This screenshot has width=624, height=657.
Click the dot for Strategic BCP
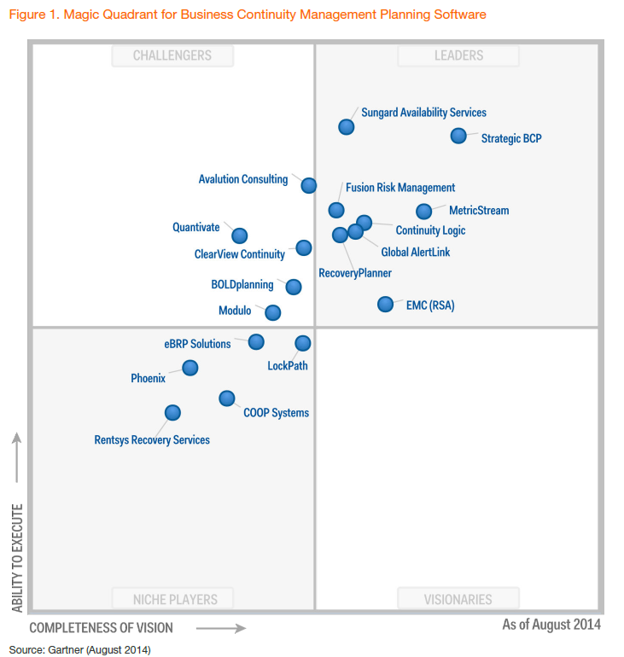(458, 136)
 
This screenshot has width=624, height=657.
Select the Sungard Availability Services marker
(346, 126)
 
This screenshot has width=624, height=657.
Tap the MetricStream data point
(423, 212)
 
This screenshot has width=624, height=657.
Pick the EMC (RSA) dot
(385, 304)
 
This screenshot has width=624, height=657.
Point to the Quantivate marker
(239, 235)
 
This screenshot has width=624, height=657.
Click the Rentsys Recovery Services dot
(172, 413)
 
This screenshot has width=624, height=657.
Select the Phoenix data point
(190, 368)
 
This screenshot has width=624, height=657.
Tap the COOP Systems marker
(226, 398)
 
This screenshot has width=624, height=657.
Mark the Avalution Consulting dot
(308, 185)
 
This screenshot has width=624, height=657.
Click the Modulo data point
(272, 312)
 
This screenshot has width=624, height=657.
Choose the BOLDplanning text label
(242, 285)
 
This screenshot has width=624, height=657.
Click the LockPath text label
(288, 366)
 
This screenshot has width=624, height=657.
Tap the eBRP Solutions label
(197, 344)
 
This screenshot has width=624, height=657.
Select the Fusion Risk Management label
(400, 188)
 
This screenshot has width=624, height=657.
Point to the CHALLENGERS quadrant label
(172, 55)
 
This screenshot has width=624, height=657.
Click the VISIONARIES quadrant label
(458, 599)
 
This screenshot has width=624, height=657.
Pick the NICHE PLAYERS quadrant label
(175, 599)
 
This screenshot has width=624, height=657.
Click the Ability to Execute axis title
(17, 557)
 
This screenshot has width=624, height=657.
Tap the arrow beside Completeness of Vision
(221, 629)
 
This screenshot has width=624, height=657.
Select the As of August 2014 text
(551, 625)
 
